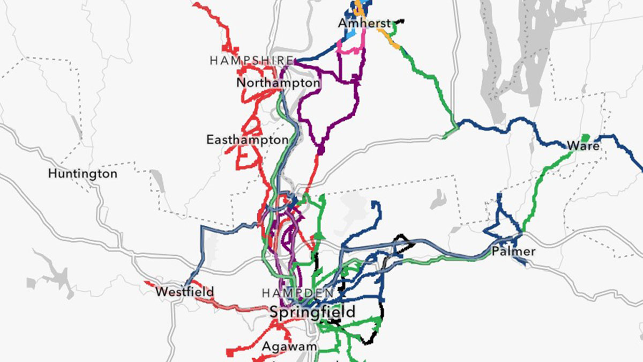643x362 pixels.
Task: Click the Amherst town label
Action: point(364,24)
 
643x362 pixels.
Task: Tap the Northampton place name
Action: point(278,83)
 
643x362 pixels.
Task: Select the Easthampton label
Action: point(247,140)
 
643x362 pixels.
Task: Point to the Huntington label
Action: point(82,174)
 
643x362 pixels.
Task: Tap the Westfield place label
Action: point(184,292)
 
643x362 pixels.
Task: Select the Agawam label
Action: point(289,346)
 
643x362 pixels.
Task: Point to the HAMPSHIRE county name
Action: point(251,61)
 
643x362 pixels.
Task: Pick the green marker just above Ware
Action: point(585,136)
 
